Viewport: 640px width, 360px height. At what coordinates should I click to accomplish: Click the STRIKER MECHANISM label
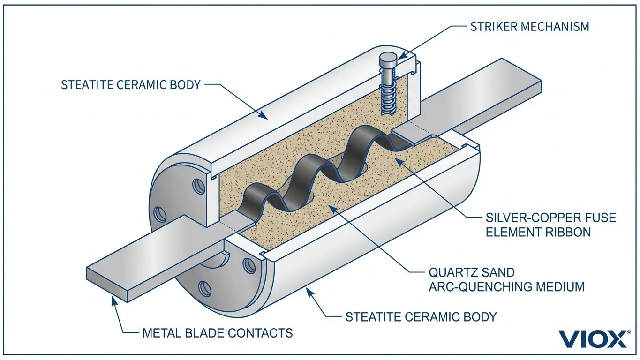(x=529, y=26)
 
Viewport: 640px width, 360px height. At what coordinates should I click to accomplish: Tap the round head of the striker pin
(x=387, y=60)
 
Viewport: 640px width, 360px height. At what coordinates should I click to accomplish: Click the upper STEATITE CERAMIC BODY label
(x=131, y=85)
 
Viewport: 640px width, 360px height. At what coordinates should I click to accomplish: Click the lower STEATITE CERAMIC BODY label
(x=421, y=316)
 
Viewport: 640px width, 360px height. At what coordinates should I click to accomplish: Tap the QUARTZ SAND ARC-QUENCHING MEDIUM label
(x=506, y=279)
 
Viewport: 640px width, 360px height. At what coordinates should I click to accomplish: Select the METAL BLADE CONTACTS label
(x=217, y=333)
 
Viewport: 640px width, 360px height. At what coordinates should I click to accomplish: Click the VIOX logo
(x=594, y=338)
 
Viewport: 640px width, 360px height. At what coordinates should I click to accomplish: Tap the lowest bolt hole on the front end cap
(x=204, y=286)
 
